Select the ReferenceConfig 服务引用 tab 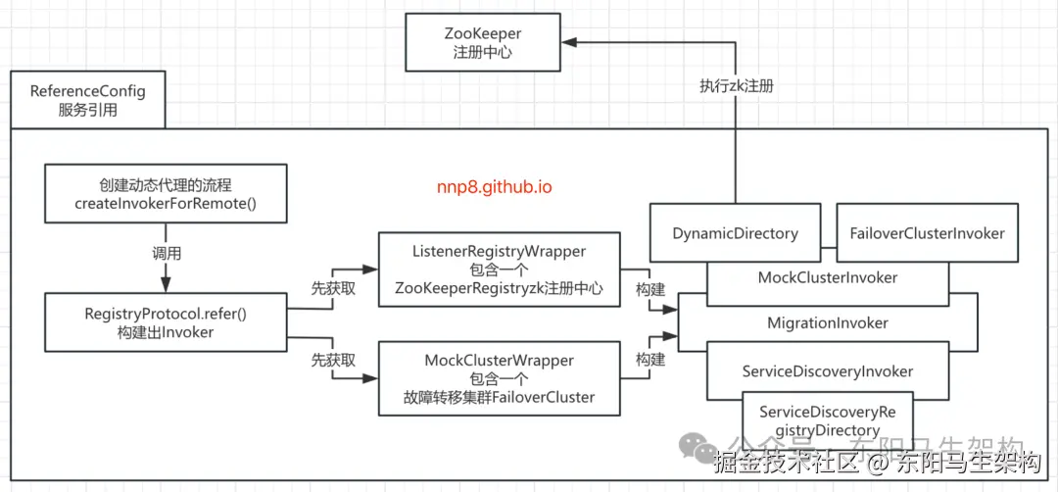click(88, 100)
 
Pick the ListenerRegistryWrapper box click(500, 271)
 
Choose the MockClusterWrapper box click(500, 379)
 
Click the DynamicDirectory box click(735, 233)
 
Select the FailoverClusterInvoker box click(926, 233)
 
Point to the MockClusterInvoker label click(828, 278)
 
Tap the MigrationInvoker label click(828, 322)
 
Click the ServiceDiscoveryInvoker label click(828, 371)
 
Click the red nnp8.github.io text click(495, 186)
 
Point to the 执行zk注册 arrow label click(736, 86)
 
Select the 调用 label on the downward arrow click(165, 252)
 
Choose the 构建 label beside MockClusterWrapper click(650, 360)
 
